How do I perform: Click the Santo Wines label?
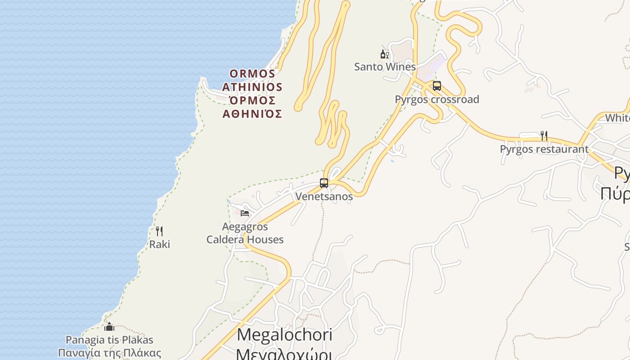tap(385, 67)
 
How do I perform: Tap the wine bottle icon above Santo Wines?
tap(384, 54)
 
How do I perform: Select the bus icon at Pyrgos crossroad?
tap(436, 86)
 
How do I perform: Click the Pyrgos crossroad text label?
tap(437, 99)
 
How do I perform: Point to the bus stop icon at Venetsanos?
tap(324, 183)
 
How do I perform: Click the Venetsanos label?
tap(324, 197)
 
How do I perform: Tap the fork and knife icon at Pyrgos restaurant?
tap(544, 135)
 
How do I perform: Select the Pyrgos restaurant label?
tap(544, 149)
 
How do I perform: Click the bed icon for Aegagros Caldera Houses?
tap(245, 213)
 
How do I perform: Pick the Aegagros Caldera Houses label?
tap(245, 233)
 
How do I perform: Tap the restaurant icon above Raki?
tap(159, 231)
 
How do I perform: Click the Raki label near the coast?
tap(160, 244)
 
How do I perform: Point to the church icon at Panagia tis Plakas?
tap(109, 327)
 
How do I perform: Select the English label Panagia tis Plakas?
tap(109, 340)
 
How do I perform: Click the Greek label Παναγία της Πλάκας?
tap(109, 353)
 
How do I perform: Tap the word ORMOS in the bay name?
tap(252, 73)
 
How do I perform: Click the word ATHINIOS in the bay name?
tap(252, 87)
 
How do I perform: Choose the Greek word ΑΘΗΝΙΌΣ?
tap(252, 114)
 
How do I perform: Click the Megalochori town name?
tap(284, 335)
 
